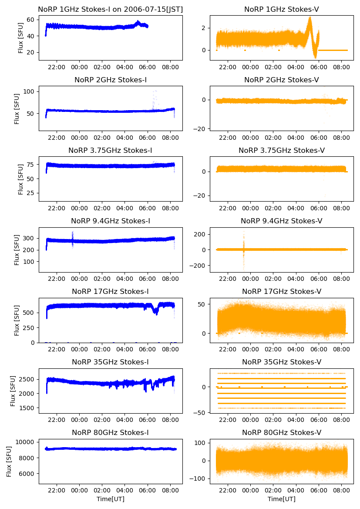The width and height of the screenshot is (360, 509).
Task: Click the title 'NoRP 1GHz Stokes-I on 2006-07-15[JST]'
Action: [x=111, y=9]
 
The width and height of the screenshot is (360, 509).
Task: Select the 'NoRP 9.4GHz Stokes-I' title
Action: [x=111, y=221]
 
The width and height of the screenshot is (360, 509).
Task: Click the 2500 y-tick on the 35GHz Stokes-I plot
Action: [x=29, y=380]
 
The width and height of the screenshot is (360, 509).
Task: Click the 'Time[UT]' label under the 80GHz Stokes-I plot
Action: [x=111, y=499]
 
